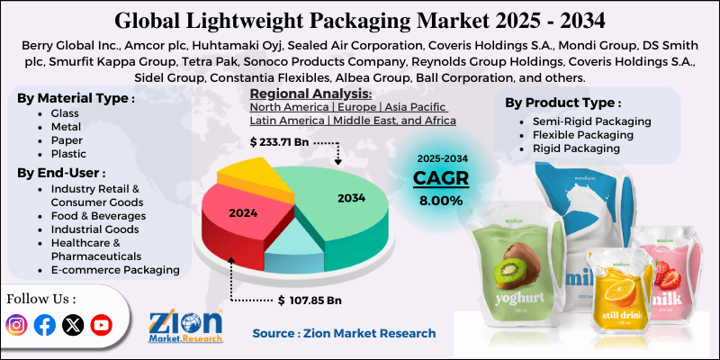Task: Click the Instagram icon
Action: tap(16, 325)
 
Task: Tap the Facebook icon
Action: tap(44, 325)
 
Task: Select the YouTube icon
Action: tap(101, 325)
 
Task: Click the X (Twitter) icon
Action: tap(73, 325)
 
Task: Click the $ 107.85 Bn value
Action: tap(310, 299)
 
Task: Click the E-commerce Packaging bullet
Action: tap(115, 269)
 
